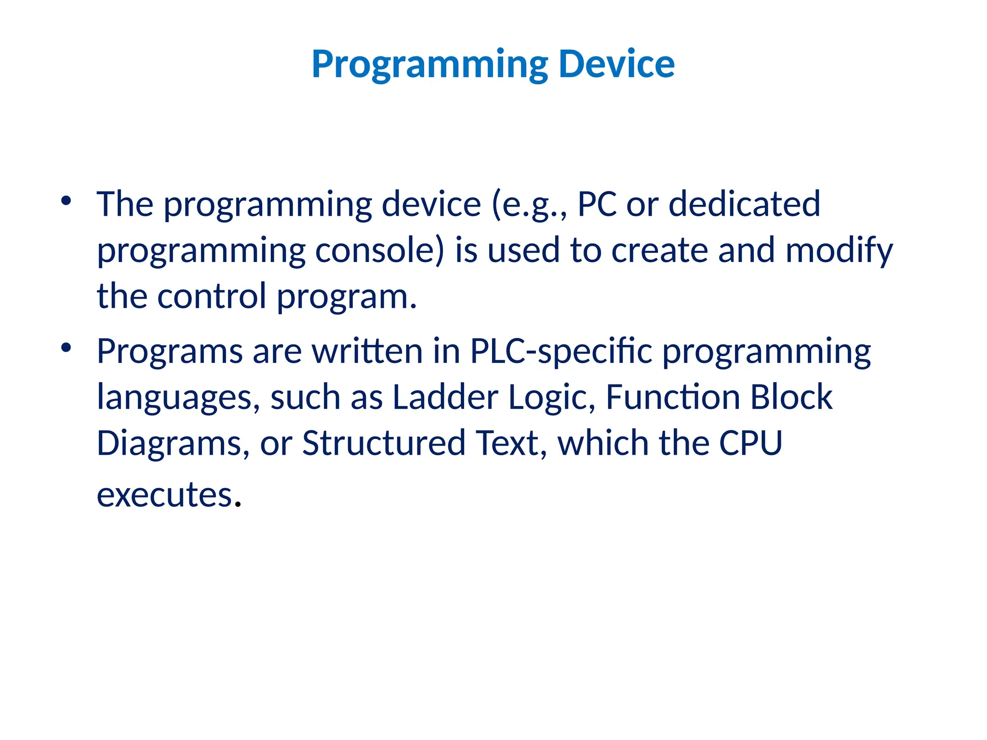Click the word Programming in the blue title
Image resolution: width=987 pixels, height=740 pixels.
[x=429, y=66]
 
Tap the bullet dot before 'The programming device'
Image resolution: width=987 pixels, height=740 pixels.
[x=67, y=200]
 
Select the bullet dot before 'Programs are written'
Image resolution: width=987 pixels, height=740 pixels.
[x=67, y=347]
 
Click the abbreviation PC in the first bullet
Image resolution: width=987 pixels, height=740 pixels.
[x=597, y=204]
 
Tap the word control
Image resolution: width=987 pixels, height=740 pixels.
[x=212, y=296]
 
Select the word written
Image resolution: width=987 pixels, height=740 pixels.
[x=367, y=351]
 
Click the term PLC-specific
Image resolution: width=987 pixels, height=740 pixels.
[x=561, y=352]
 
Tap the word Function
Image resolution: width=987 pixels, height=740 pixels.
[x=672, y=397]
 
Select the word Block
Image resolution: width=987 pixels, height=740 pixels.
[x=791, y=397]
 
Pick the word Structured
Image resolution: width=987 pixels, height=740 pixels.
[x=384, y=443]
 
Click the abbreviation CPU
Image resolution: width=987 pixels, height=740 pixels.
[x=750, y=443]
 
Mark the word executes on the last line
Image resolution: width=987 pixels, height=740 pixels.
[x=165, y=495]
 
